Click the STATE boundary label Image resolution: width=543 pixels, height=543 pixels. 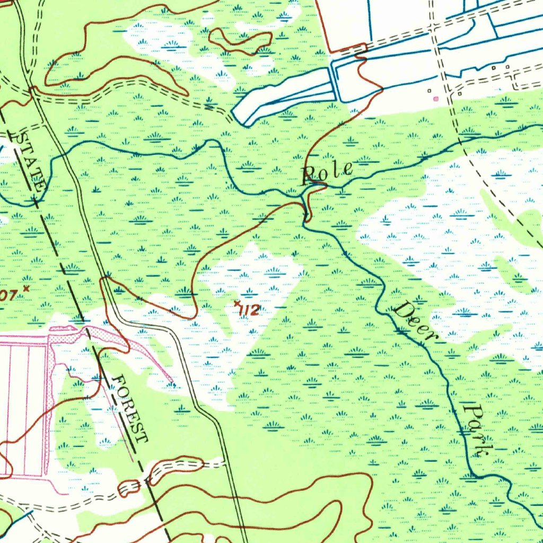[29, 162]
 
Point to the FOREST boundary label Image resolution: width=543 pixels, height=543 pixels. [130, 408]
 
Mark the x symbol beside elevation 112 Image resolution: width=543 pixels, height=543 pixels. [237, 303]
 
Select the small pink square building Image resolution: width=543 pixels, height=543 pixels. [436, 99]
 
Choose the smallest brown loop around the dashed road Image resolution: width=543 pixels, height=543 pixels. [128, 488]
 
